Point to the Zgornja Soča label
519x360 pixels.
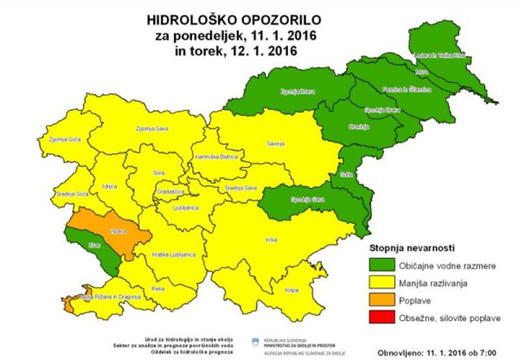[65, 139]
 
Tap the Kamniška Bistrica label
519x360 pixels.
[216, 157]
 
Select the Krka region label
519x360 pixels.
[271, 240]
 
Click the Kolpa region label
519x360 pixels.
[292, 289]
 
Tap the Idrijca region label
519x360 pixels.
[109, 187]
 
